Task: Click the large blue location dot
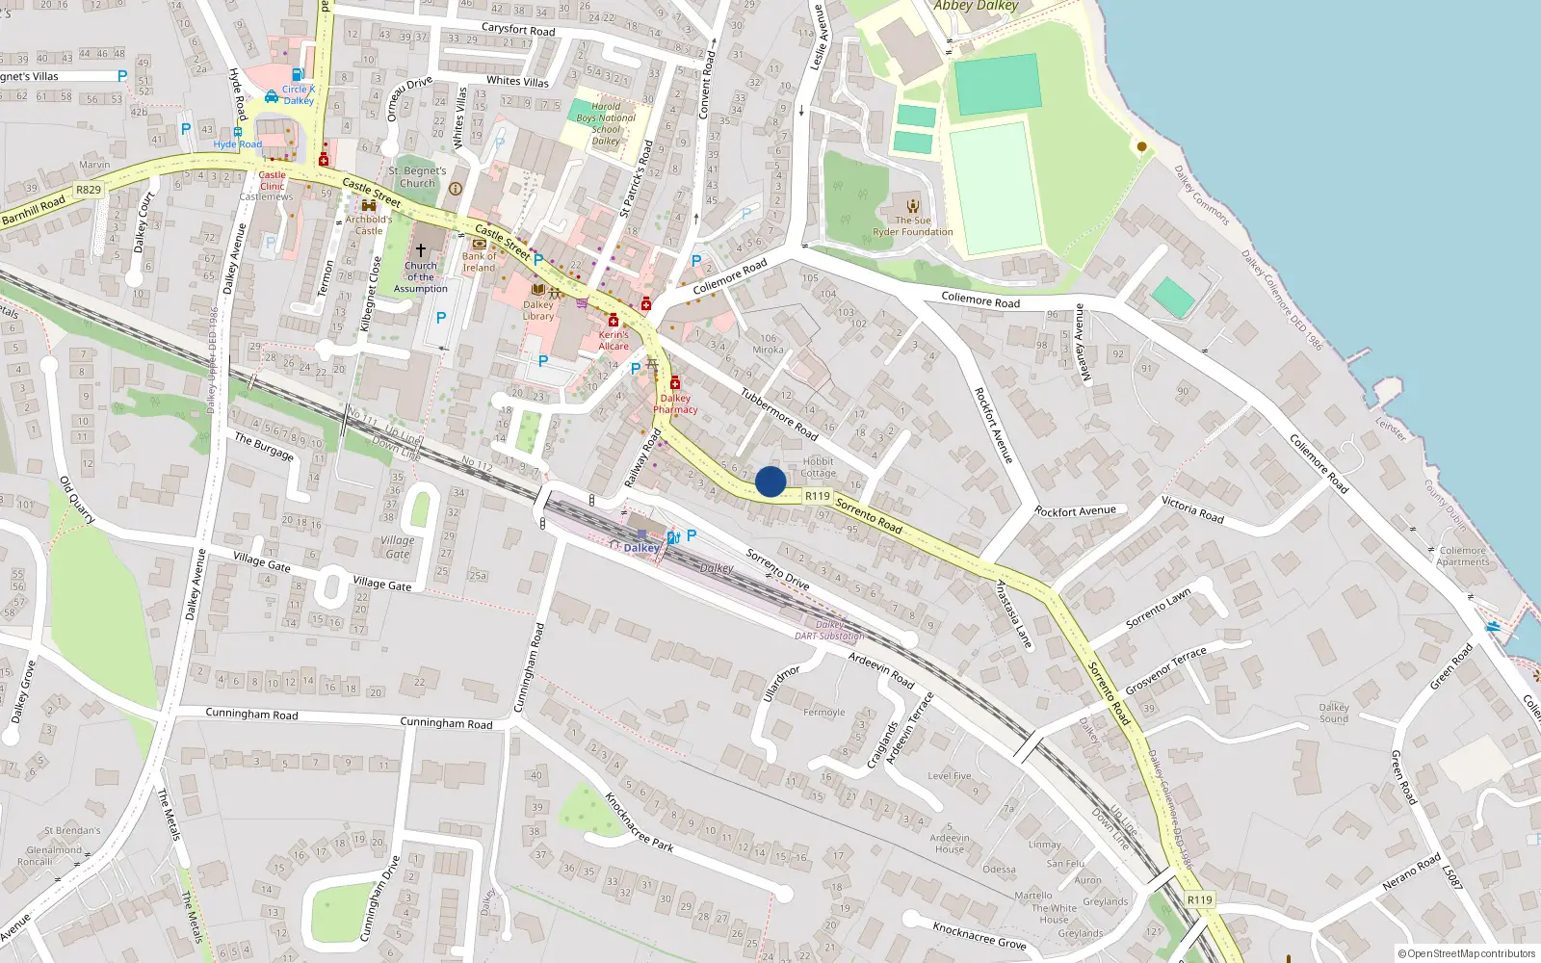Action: click(770, 481)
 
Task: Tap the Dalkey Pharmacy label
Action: click(675, 403)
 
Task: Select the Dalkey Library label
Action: click(538, 310)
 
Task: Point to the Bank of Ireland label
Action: click(479, 262)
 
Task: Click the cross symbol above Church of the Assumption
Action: click(421, 249)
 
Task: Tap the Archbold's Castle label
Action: click(369, 224)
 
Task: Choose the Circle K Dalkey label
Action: click(299, 94)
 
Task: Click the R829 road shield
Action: click(89, 190)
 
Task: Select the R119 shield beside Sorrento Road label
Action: click(818, 496)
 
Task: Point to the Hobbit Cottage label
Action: click(818, 467)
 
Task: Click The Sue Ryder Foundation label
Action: click(913, 226)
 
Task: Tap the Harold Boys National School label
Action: click(606, 124)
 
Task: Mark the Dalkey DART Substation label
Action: click(829, 630)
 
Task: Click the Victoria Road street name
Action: click(1192, 509)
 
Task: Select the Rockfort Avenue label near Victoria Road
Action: click(1075, 511)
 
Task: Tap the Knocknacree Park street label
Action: click(639, 821)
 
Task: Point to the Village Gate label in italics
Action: click(398, 547)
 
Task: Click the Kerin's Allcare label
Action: click(614, 341)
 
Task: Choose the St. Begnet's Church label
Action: click(417, 177)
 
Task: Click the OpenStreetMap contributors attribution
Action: click(1467, 953)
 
